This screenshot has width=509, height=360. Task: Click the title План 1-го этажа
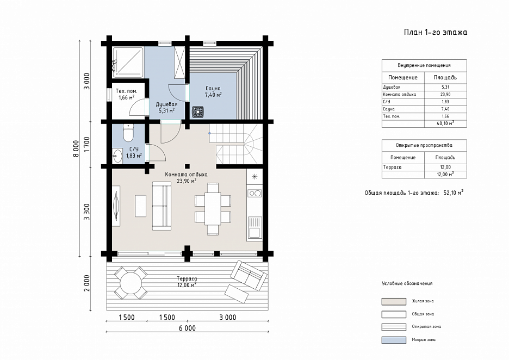coord(435,32)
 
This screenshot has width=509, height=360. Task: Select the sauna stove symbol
coord(198,112)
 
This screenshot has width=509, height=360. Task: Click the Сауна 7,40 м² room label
coord(213,91)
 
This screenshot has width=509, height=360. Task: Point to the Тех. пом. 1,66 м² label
coord(127,94)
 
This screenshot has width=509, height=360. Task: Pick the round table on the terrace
coord(131,283)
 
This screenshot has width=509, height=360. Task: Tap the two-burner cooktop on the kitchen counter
coord(255,194)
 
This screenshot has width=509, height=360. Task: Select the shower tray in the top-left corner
coord(128,63)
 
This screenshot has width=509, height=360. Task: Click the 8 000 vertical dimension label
coord(76,148)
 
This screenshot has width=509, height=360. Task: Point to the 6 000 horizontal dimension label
coord(187,328)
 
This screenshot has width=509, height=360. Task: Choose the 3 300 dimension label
coord(86,212)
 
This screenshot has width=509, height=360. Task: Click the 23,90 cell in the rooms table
coord(445,95)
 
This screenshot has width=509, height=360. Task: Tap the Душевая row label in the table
coord(392,87)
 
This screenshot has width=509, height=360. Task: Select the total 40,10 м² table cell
coord(445,123)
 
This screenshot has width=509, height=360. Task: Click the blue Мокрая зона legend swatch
coord(394,340)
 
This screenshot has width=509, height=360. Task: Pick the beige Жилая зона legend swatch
coord(394,301)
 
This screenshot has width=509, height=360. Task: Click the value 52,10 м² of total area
coord(454,193)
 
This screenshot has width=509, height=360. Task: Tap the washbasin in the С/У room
coord(117,156)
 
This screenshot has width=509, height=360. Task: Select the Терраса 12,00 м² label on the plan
coord(187,282)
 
